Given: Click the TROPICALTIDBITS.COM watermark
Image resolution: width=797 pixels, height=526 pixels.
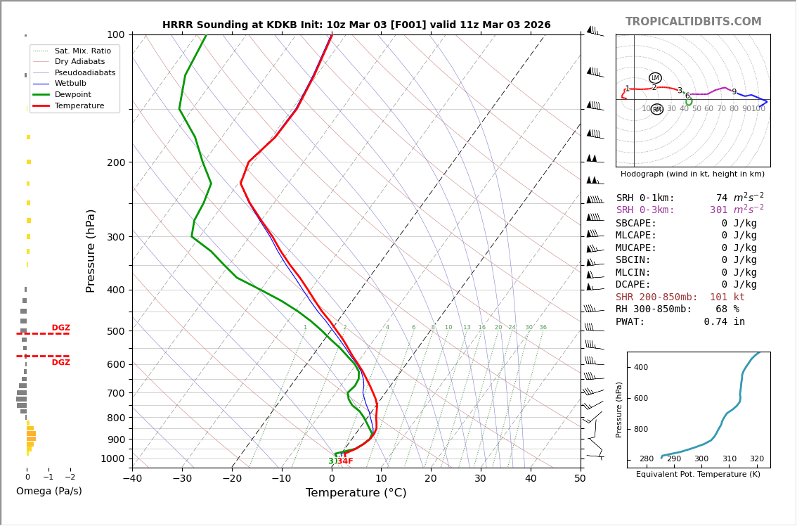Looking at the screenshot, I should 693,22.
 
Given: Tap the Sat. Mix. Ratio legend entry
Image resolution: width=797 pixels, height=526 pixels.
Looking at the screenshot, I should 82,51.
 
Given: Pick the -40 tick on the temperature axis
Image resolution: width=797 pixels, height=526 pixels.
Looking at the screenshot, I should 132,480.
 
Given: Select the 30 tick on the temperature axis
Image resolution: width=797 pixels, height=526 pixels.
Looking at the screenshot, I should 480,480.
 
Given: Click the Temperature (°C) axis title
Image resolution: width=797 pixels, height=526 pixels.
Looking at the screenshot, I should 356,493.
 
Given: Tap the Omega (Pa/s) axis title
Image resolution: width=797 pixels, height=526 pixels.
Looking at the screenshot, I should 48,491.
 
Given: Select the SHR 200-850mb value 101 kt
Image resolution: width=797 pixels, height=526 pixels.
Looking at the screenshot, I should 727,297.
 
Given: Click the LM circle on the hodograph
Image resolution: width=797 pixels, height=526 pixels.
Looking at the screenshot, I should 655,78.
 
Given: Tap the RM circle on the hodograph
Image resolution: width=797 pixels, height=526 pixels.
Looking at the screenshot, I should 657,110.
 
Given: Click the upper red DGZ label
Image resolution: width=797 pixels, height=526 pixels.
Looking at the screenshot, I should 60,328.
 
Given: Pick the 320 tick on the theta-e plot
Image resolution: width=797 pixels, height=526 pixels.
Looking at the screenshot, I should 756,459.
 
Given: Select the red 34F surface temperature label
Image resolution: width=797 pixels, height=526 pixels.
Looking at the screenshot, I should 345,461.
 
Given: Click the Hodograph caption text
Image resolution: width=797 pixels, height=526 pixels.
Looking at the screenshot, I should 692,174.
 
